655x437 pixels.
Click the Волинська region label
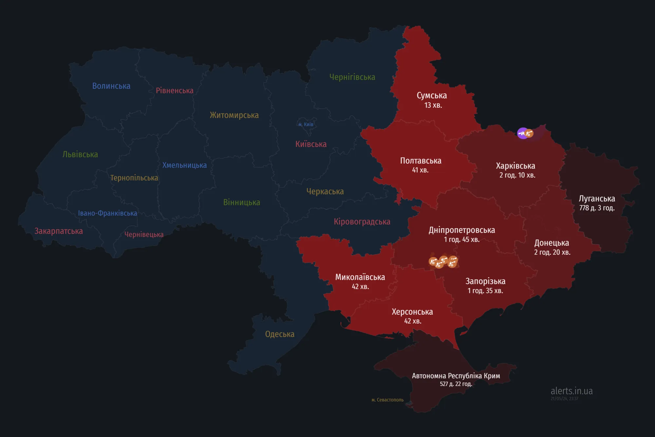coord(111,86)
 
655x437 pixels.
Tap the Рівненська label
coord(175,91)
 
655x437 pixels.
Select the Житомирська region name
coord(234,115)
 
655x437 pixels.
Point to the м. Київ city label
coord(306,125)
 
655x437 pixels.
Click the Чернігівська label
coord(352,77)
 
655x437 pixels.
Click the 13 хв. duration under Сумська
coord(433,106)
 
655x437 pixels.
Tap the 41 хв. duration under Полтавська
coord(420,170)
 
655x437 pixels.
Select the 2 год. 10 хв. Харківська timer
coord(517,175)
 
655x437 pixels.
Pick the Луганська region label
coord(597,199)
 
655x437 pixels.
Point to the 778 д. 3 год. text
coord(597,208)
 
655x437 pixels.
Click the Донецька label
coord(552,243)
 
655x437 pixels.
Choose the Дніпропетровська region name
coord(462,230)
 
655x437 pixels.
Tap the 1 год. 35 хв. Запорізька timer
coord(485,291)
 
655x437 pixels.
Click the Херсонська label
coord(412,312)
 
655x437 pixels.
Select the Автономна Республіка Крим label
coord(456,376)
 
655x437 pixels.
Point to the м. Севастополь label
coord(387,400)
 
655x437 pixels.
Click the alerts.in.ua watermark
coord(571,391)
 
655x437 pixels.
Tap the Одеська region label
coord(280,334)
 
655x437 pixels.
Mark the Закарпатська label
coord(59,231)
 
